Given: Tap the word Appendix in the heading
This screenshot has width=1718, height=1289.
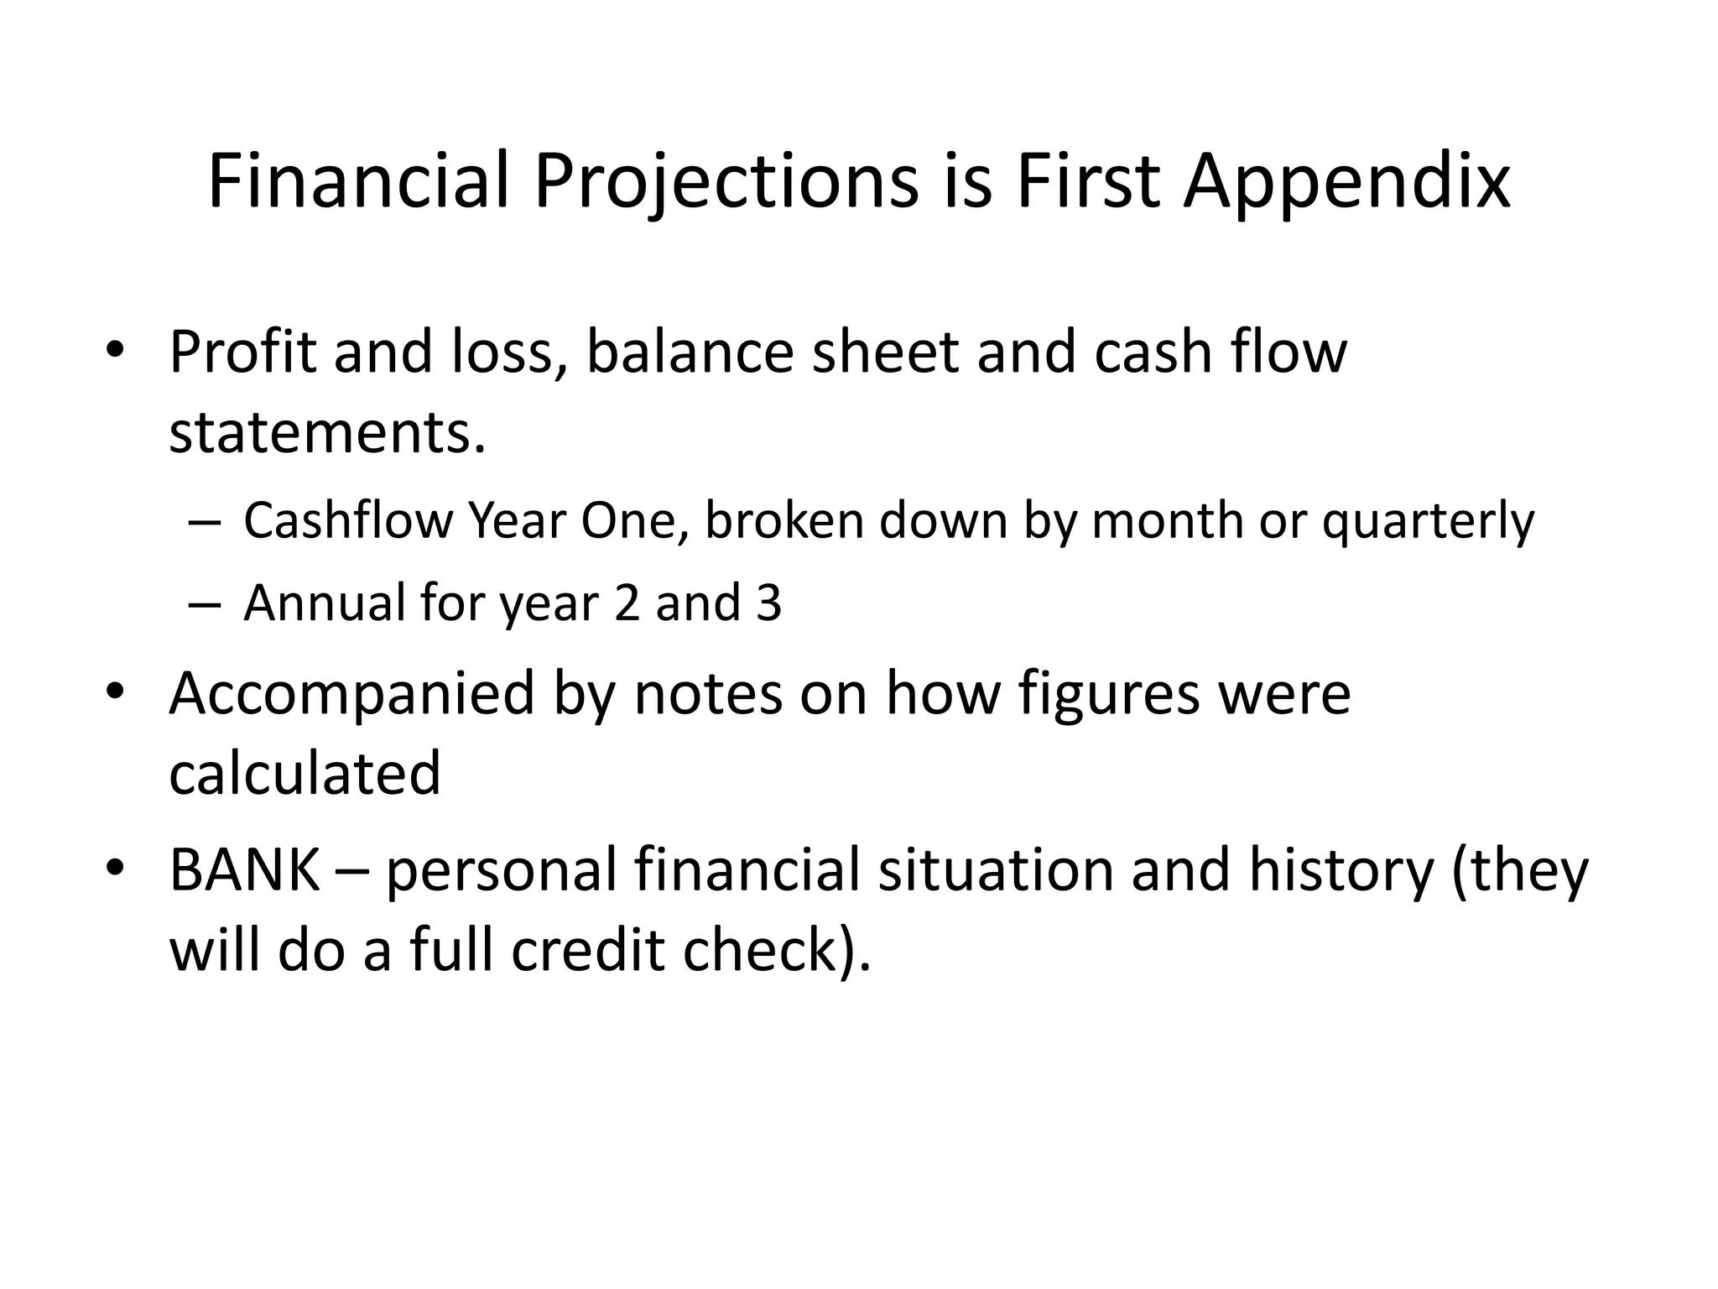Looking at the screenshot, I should click(x=1346, y=181).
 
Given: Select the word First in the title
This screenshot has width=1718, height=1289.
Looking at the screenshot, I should click(x=1088, y=181).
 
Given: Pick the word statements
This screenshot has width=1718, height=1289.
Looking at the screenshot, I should click(x=327, y=432).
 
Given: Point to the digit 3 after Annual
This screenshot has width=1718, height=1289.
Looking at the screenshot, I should click(x=768, y=603).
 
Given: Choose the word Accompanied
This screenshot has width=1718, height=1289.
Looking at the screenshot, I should click(x=351, y=695).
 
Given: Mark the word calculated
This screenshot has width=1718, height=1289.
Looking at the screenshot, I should click(x=305, y=773).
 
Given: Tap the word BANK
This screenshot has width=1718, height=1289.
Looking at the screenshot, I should click(x=244, y=869).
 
